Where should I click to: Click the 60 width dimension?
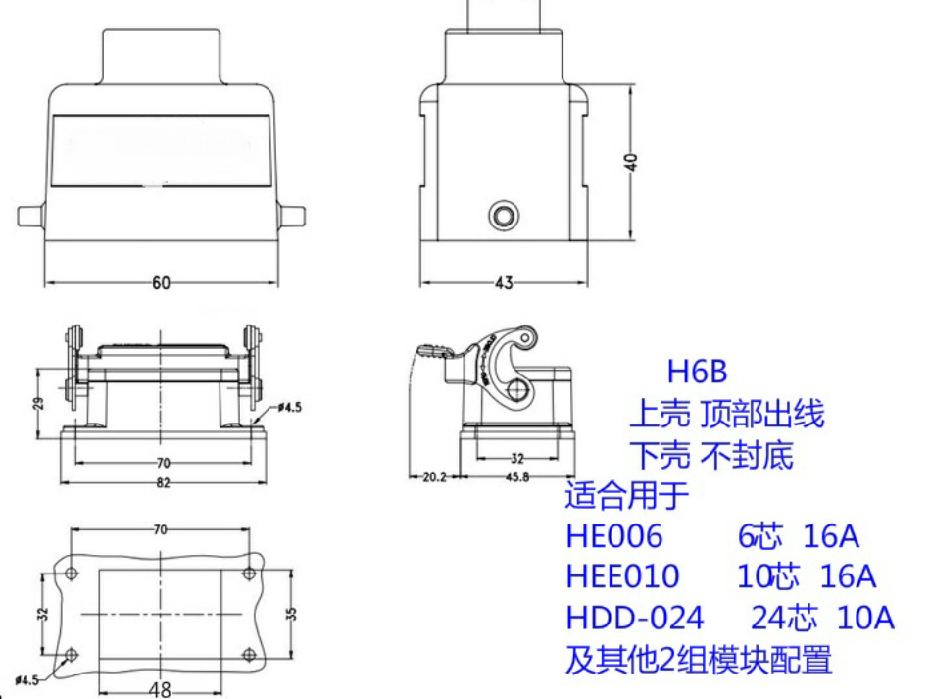click(161, 283)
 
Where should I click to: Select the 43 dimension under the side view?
click(503, 283)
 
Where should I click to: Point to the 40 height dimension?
click(632, 162)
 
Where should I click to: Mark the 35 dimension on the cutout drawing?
click(292, 615)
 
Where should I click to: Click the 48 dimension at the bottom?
click(161, 689)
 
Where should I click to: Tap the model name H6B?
click(698, 373)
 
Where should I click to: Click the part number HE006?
click(614, 536)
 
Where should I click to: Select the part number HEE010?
click(622, 576)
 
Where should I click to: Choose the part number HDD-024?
click(634, 618)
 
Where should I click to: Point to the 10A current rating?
click(865, 618)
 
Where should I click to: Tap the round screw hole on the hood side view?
click(505, 216)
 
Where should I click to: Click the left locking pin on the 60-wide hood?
click(30, 216)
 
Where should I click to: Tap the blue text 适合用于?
click(627, 496)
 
